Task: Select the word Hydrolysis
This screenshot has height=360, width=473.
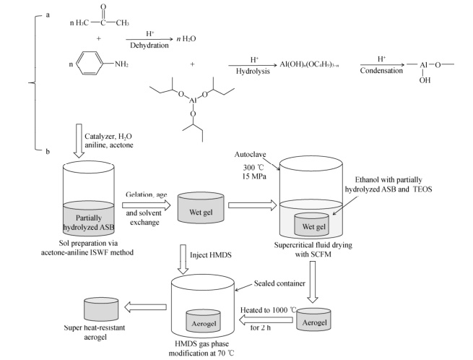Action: [260, 74]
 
